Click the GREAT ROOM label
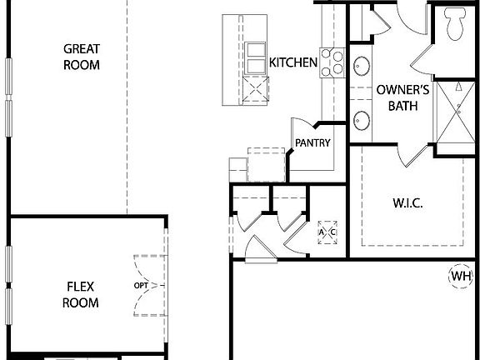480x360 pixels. tap(82, 57)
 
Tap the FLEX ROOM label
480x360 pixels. tap(81, 295)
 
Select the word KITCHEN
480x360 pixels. tap(293, 62)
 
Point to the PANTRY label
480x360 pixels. tap(312, 142)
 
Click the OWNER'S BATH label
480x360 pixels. tap(403, 97)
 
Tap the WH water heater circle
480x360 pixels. tap(461, 276)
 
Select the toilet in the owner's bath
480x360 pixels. tap(456, 23)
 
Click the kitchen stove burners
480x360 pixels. tap(333, 62)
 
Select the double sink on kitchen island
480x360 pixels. tap(254, 59)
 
